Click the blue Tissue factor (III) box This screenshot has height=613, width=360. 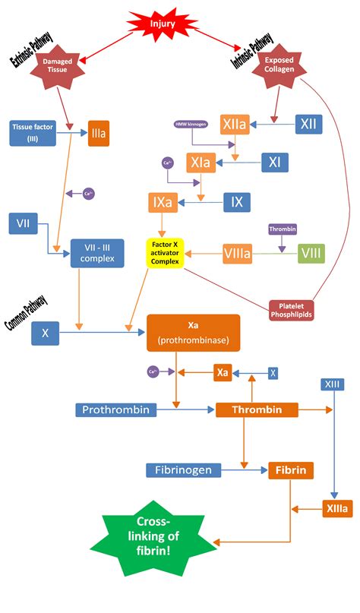(x=32, y=133)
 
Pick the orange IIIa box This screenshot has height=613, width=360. (x=99, y=133)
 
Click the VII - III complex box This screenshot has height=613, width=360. (x=97, y=253)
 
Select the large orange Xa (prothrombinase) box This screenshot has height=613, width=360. (x=193, y=333)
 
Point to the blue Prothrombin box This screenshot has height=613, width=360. (x=116, y=410)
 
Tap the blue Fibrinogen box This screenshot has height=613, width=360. (x=184, y=470)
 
